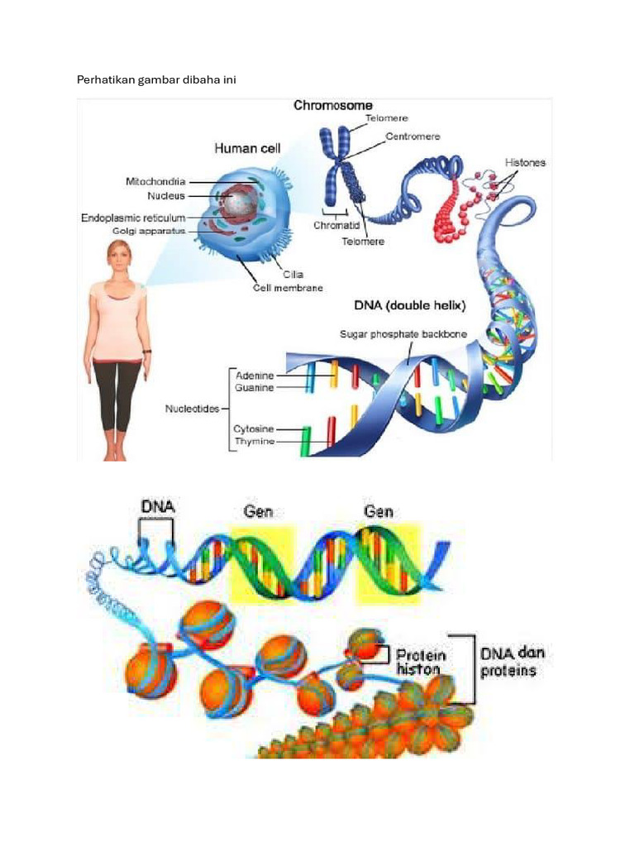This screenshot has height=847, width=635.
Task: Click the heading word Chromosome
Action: click(x=332, y=105)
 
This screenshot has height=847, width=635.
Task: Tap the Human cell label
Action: click(x=247, y=148)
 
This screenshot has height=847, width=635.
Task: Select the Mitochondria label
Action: click(x=155, y=181)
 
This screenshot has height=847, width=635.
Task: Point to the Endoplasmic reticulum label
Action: click(x=133, y=218)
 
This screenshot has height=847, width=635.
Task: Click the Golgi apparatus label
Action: click(x=149, y=232)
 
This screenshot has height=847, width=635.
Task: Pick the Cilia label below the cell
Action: click(x=294, y=275)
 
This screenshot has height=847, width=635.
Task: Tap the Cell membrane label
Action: click(x=288, y=288)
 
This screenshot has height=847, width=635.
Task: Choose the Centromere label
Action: click(x=413, y=136)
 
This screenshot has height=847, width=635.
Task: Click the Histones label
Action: click(x=525, y=163)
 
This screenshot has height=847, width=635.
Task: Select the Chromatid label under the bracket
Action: click(x=337, y=225)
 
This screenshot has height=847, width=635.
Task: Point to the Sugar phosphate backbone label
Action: click(x=403, y=334)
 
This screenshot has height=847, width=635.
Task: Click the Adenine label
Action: click(x=255, y=376)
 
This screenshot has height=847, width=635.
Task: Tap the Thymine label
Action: click(x=255, y=442)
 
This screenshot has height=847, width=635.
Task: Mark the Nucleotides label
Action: click(x=192, y=409)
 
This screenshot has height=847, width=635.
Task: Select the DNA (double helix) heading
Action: click(x=410, y=305)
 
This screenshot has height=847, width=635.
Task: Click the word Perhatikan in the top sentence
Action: click(x=105, y=80)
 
